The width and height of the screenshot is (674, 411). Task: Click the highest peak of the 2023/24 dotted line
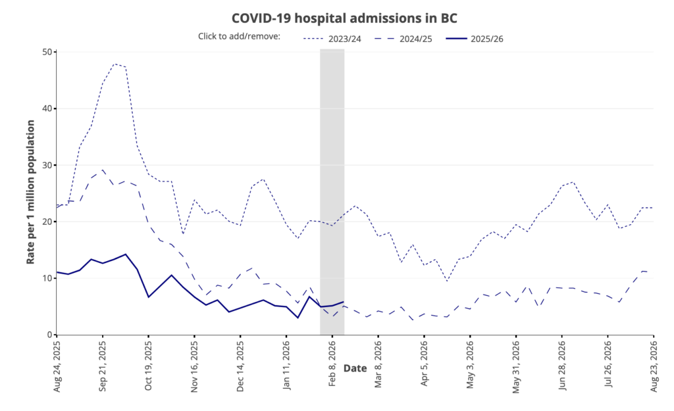click(x=115, y=64)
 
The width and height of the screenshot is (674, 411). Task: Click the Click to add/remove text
click(x=239, y=36)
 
